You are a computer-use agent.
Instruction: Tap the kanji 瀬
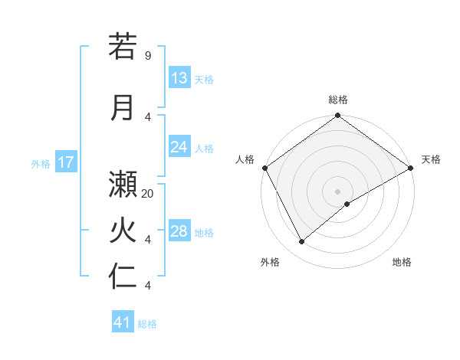[x=123, y=185]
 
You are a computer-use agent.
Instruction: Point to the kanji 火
[x=123, y=231]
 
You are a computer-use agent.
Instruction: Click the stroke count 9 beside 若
[x=147, y=56]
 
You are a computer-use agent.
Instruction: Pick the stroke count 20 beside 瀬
[x=148, y=194]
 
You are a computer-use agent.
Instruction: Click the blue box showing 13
[x=179, y=78]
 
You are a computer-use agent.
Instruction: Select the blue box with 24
[x=179, y=147]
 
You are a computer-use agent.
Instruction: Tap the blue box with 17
[x=65, y=162]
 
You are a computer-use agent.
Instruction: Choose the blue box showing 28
[x=179, y=231]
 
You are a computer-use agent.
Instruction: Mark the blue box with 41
[x=123, y=322]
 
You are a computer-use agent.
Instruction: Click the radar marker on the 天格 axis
[x=410, y=167]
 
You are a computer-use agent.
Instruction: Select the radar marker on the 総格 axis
[x=337, y=116]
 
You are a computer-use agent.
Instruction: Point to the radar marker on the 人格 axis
[x=265, y=167]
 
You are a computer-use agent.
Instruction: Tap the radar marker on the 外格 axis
[x=302, y=241]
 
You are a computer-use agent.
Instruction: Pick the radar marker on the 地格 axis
[x=347, y=204]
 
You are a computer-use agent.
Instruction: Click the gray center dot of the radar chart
[x=337, y=191]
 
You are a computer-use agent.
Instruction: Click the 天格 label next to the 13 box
[x=203, y=80]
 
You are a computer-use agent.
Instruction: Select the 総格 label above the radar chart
[x=337, y=100]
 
